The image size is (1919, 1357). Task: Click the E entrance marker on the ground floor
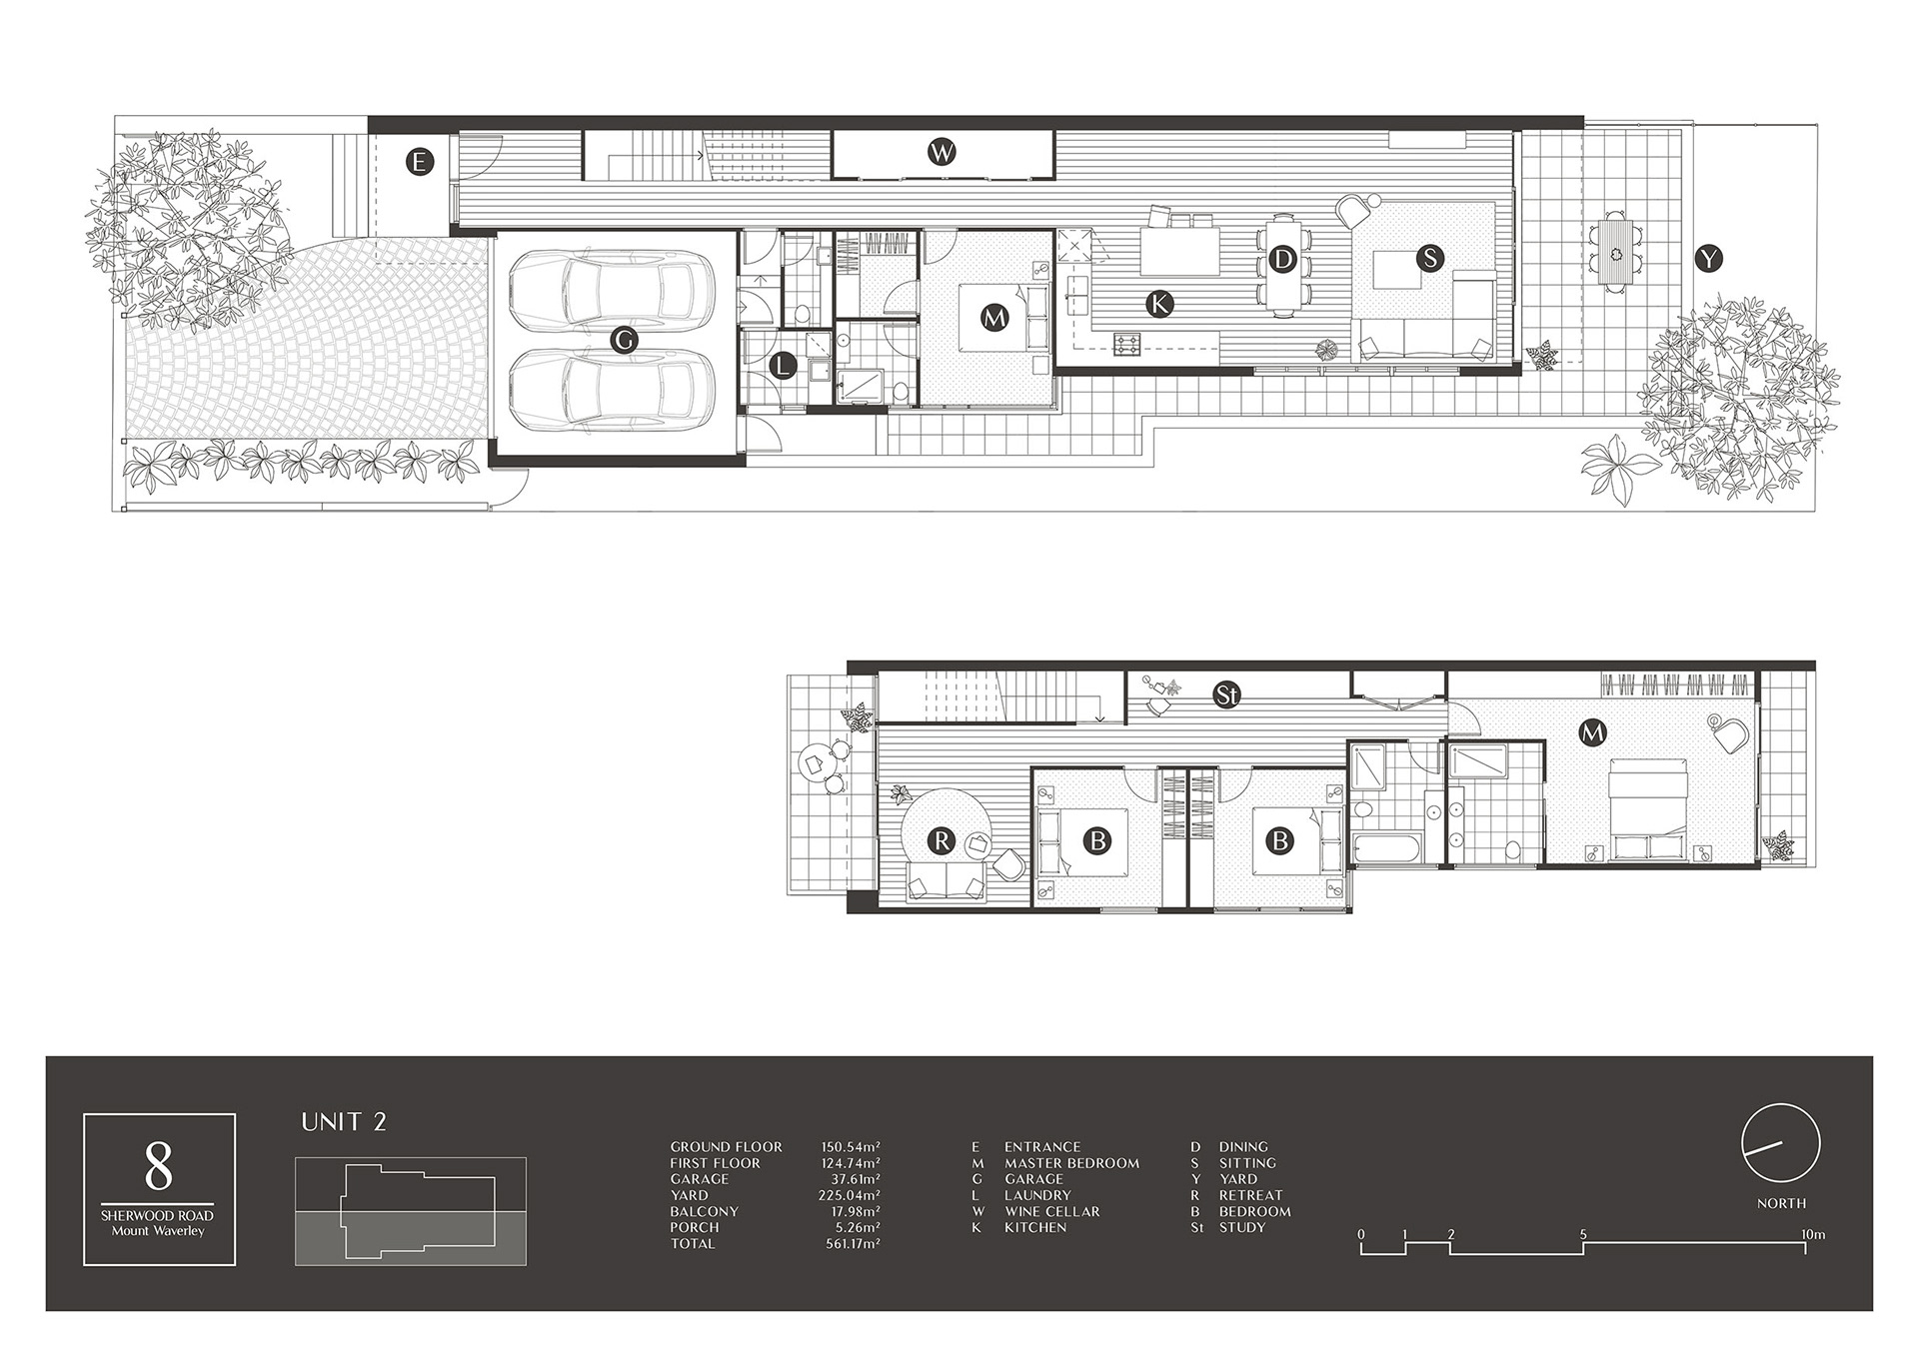[x=420, y=161]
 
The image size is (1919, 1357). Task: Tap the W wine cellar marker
[x=942, y=153]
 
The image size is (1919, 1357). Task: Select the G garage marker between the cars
[x=624, y=340]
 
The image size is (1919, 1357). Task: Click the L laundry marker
[x=783, y=366]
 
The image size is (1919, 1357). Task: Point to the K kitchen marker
[x=1159, y=304]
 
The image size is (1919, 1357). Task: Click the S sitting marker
[x=1430, y=258]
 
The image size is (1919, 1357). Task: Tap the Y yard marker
[x=1710, y=259]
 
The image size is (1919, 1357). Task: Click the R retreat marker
[x=942, y=840]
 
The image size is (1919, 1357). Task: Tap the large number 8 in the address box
[x=159, y=1165]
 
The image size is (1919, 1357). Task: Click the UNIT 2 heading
[x=344, y=1122]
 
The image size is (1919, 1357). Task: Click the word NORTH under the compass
[x=1781, y=1203]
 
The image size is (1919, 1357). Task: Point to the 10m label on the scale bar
[x=1813, y=1235]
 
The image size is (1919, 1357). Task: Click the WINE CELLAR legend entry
[x=1051, y=1211]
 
